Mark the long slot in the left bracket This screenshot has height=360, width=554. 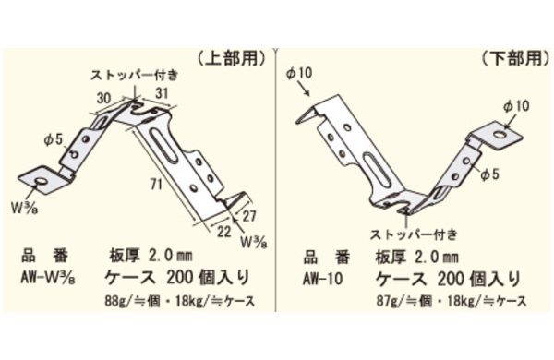[x=164, y=148]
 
